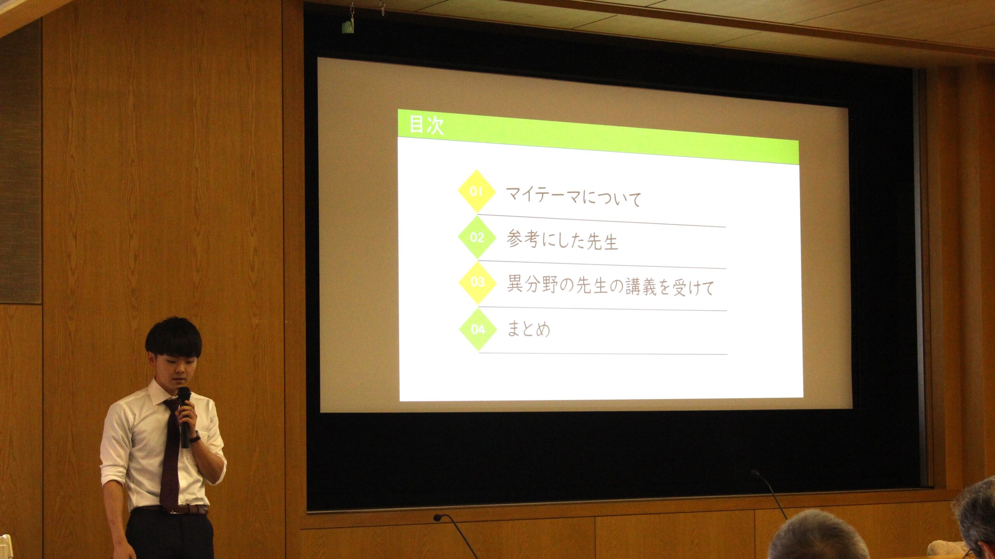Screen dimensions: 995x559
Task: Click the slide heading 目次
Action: (x=426, y=125)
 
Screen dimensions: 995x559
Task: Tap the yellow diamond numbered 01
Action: (x=477, y=191)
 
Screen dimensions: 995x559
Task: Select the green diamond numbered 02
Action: (x=477, y=237)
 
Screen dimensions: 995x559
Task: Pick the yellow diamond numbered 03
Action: (x=478, y=282)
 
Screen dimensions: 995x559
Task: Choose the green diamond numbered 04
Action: (x=478, y=330)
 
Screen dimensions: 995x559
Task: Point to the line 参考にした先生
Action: (x=562, y=240)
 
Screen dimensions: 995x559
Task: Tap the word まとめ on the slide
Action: (x=529, y=329)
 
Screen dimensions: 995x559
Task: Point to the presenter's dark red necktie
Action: (x=171, y=454)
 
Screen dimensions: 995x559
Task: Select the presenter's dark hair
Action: (x=173, y=336)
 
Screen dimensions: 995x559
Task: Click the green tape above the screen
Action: (x=347, y=27)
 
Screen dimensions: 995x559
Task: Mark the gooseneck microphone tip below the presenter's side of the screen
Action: (x=438, y=517)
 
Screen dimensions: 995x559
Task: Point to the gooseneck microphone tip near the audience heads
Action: (x=755, y=473)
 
